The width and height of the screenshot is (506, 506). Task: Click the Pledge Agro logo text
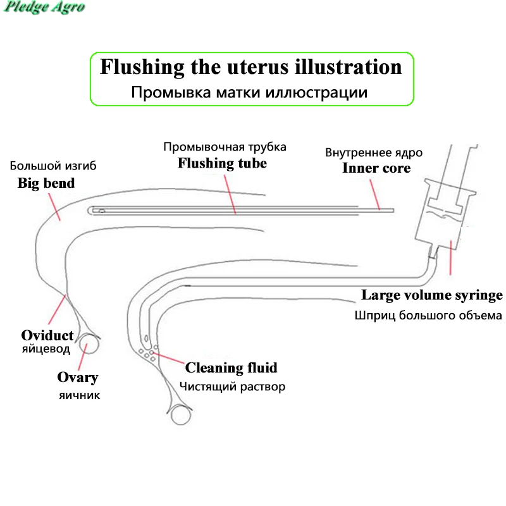pos(44,7)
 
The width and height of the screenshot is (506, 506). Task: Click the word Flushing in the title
pos(142,67)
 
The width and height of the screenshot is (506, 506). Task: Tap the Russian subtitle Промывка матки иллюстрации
pos(249,92)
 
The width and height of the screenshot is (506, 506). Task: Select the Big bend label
pos(46,183)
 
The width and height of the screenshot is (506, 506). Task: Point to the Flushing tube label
pos(223,163)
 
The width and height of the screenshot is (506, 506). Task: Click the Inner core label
pos(376,168)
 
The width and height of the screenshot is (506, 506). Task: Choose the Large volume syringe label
pos(432,295)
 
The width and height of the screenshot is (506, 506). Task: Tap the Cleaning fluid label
pos(231,367)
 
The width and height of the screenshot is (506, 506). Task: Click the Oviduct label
pos(47,335)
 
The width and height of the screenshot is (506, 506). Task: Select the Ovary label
pos(78,377)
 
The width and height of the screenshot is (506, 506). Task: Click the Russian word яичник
pos(80,395)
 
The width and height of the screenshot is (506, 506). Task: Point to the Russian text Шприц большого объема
pos(428,315)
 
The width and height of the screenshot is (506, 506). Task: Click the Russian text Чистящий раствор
pos(232,386)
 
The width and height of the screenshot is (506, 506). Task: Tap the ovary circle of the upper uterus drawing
pos(80,343)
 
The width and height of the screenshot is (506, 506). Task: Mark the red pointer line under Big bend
pos(54,207)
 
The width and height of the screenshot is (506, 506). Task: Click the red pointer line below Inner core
pos(374,195)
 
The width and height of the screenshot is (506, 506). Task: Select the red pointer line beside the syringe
pos(451,257)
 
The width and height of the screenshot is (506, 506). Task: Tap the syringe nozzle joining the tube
pos(433,251)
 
